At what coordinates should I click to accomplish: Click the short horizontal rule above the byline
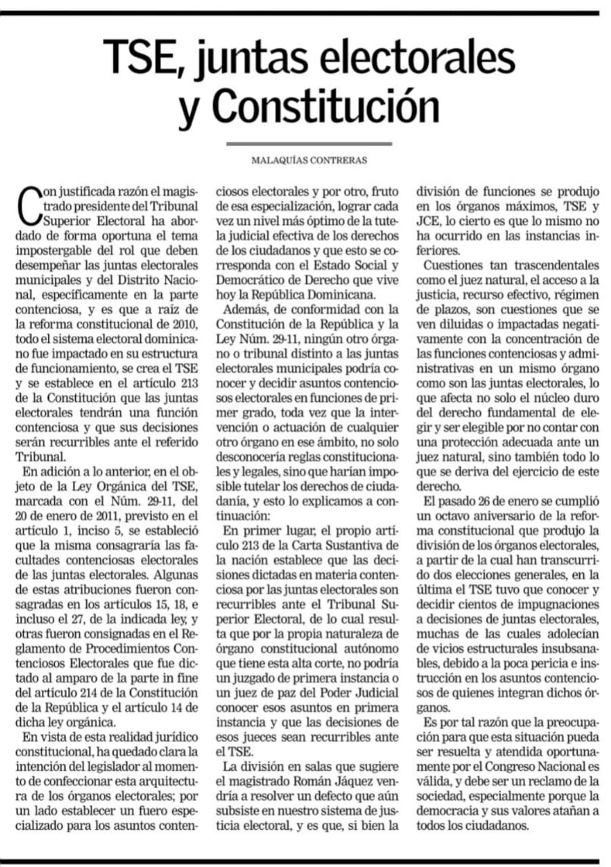(x=309, y=144)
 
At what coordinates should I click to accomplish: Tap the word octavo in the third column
(x=452, y=515)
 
